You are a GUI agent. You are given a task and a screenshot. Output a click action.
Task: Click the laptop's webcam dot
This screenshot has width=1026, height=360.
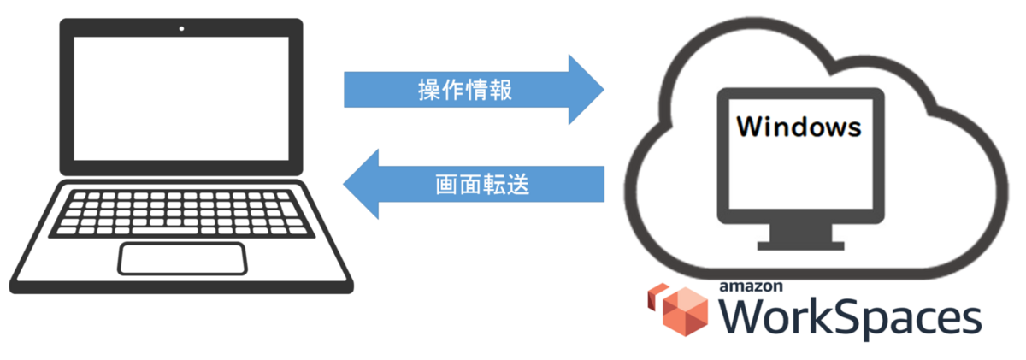point(181,29)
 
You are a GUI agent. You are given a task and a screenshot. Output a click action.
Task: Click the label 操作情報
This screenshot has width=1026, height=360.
point(465,90)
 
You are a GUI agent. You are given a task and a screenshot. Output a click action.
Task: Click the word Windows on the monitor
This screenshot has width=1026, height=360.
point(799,127)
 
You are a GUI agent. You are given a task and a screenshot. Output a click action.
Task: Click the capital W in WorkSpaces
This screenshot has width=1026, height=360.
point(746,319)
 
